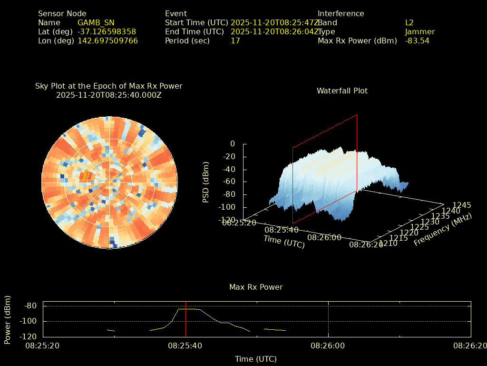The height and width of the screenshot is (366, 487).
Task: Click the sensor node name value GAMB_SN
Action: tap(96, 22)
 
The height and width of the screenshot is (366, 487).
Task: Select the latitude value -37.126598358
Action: tap(107, 31)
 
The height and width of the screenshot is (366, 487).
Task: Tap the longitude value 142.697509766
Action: tap(107, 41)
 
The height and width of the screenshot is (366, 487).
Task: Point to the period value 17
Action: tap(235, 41)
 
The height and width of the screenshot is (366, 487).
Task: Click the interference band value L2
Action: tap(409, 22)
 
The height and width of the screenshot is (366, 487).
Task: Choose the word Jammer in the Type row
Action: tap(419, 31)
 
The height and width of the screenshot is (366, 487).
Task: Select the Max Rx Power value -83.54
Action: tap(417, 41)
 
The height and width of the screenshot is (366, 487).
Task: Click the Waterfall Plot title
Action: tap(342, 91)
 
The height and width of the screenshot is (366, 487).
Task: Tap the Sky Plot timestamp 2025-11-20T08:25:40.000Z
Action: tap(109, 95)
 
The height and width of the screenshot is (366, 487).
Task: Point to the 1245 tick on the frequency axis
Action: tap(461, 205)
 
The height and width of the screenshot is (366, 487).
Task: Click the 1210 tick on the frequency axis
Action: tap(389, 244)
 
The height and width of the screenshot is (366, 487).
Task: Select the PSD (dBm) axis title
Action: tap(206, 182)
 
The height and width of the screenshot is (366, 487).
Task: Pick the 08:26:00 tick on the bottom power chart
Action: tap(328, 346)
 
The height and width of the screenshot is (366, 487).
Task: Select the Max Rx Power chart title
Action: tap(256, 287)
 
